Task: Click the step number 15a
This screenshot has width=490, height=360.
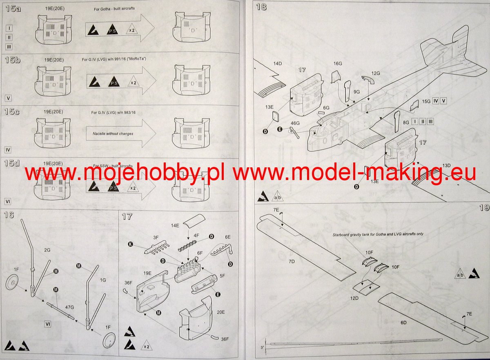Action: (13, 9)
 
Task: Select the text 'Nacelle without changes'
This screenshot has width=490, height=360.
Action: (113, 133)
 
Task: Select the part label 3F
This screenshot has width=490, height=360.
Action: (156, 237)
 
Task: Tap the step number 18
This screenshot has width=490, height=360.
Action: (261, 7)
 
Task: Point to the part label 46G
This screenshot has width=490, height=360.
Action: (295, 123)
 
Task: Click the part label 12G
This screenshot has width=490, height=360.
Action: (375, 73)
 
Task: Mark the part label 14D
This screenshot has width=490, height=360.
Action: (278, 64)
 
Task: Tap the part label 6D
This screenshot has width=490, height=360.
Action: (403, 322)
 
